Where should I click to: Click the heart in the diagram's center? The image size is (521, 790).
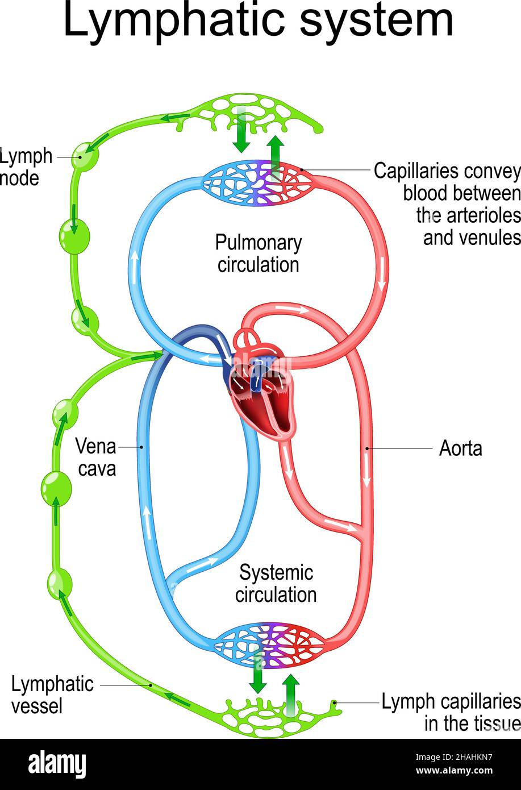point(261,392)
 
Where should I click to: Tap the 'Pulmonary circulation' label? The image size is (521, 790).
point(258,254)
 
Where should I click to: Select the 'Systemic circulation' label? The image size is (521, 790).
point(276,584)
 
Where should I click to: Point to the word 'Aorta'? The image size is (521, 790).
point(460,448)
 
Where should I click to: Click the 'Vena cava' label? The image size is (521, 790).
point(96,458)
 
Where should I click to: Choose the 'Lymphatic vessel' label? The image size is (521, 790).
point(52,695)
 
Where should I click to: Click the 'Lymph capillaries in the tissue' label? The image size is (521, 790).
point(451,713)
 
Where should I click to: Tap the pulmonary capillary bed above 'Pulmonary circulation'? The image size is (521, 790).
point(258,182)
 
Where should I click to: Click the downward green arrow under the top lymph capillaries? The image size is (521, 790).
point(241,138)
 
